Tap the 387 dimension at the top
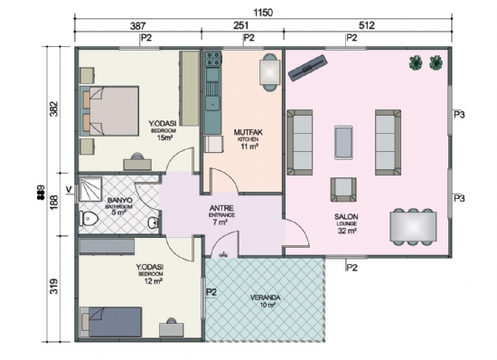coord(138,27)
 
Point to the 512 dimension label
coord(368,27)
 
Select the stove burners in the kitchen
coord(214,62)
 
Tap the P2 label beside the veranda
coord(211,293)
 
